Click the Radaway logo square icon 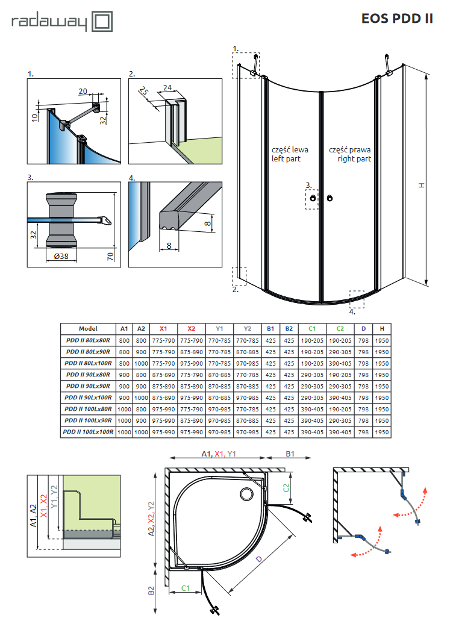click(x=101, y=22)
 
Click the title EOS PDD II click(x=397, y=18)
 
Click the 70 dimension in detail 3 click(x=110, y=256)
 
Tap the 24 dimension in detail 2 click(x=168, y=87)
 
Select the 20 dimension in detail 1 click(x=83, y=91)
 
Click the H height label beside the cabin click(x=422, y=185)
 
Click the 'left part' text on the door click(x=286, y=159)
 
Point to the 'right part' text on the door click(x=354, y=159)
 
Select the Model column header click(x=88, y=329)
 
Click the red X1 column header click(x=163, y=329)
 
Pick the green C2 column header click(x=340, y=329)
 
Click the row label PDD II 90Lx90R click(x=88, y=386)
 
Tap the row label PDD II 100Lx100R click(x=88, y=432)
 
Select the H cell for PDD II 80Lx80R click(x=381, y=340)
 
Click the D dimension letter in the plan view click(x=258, y=560)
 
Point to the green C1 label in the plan click(x=186, y=587)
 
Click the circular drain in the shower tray click(x=247, y=495)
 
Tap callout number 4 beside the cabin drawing click(x=353, y=312)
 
